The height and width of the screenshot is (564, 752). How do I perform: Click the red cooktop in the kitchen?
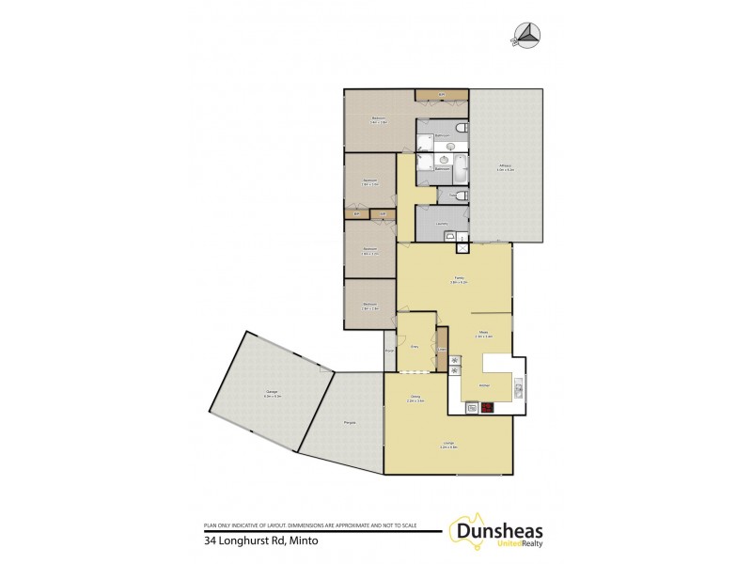tap(487, 407)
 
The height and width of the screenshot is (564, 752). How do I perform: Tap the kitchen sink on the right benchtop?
tap(520, 382)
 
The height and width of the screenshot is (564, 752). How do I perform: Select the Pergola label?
tap(349, 422)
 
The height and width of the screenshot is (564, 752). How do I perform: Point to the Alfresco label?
tap(506, 168)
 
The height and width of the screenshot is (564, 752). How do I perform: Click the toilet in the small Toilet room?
tap(458, 196)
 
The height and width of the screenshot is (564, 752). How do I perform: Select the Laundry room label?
tap(441, 222)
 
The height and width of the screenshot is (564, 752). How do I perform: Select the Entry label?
tap(415, 346)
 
